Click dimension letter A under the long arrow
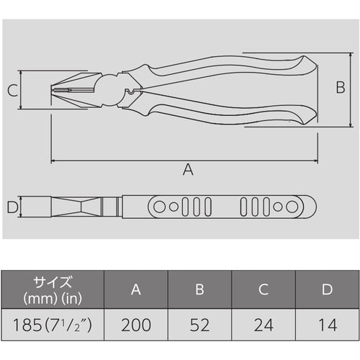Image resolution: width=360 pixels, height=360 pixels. click(188, 170)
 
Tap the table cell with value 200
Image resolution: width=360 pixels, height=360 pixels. click(135, 324)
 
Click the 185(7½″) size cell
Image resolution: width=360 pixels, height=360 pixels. click(53, 324)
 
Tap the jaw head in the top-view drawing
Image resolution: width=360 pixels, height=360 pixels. click(72, 207)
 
